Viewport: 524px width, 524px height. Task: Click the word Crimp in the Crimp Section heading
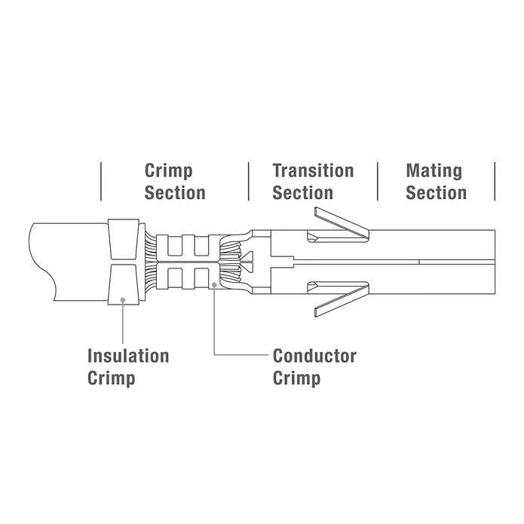[168, 171]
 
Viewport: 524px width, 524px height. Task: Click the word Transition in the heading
[313, 170]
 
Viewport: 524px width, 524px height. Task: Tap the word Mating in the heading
[434, 171]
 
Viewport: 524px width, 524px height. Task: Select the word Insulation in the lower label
[128, 356]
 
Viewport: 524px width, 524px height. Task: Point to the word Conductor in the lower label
[314, 356]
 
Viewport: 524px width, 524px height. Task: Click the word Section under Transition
[303, 193]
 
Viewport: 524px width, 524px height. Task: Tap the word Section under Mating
[436, 193]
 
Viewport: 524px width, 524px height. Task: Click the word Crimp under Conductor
[297, 379]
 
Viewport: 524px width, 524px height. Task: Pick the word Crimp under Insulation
[112, 379]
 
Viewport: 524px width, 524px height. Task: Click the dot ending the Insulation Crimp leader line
[123, 300]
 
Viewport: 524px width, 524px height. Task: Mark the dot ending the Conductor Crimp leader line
[214, 285]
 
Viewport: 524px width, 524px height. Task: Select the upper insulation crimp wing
[124, 238]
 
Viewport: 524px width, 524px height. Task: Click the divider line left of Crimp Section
[101, 182]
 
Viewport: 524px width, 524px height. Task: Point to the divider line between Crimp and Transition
[249, 182]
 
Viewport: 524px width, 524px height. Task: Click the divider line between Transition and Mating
[378, 182]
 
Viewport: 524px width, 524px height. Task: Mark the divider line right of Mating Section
[495, 182]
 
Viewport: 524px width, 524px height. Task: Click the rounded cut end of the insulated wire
[41, 262]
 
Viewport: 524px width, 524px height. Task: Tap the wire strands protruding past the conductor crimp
[231, 262]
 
